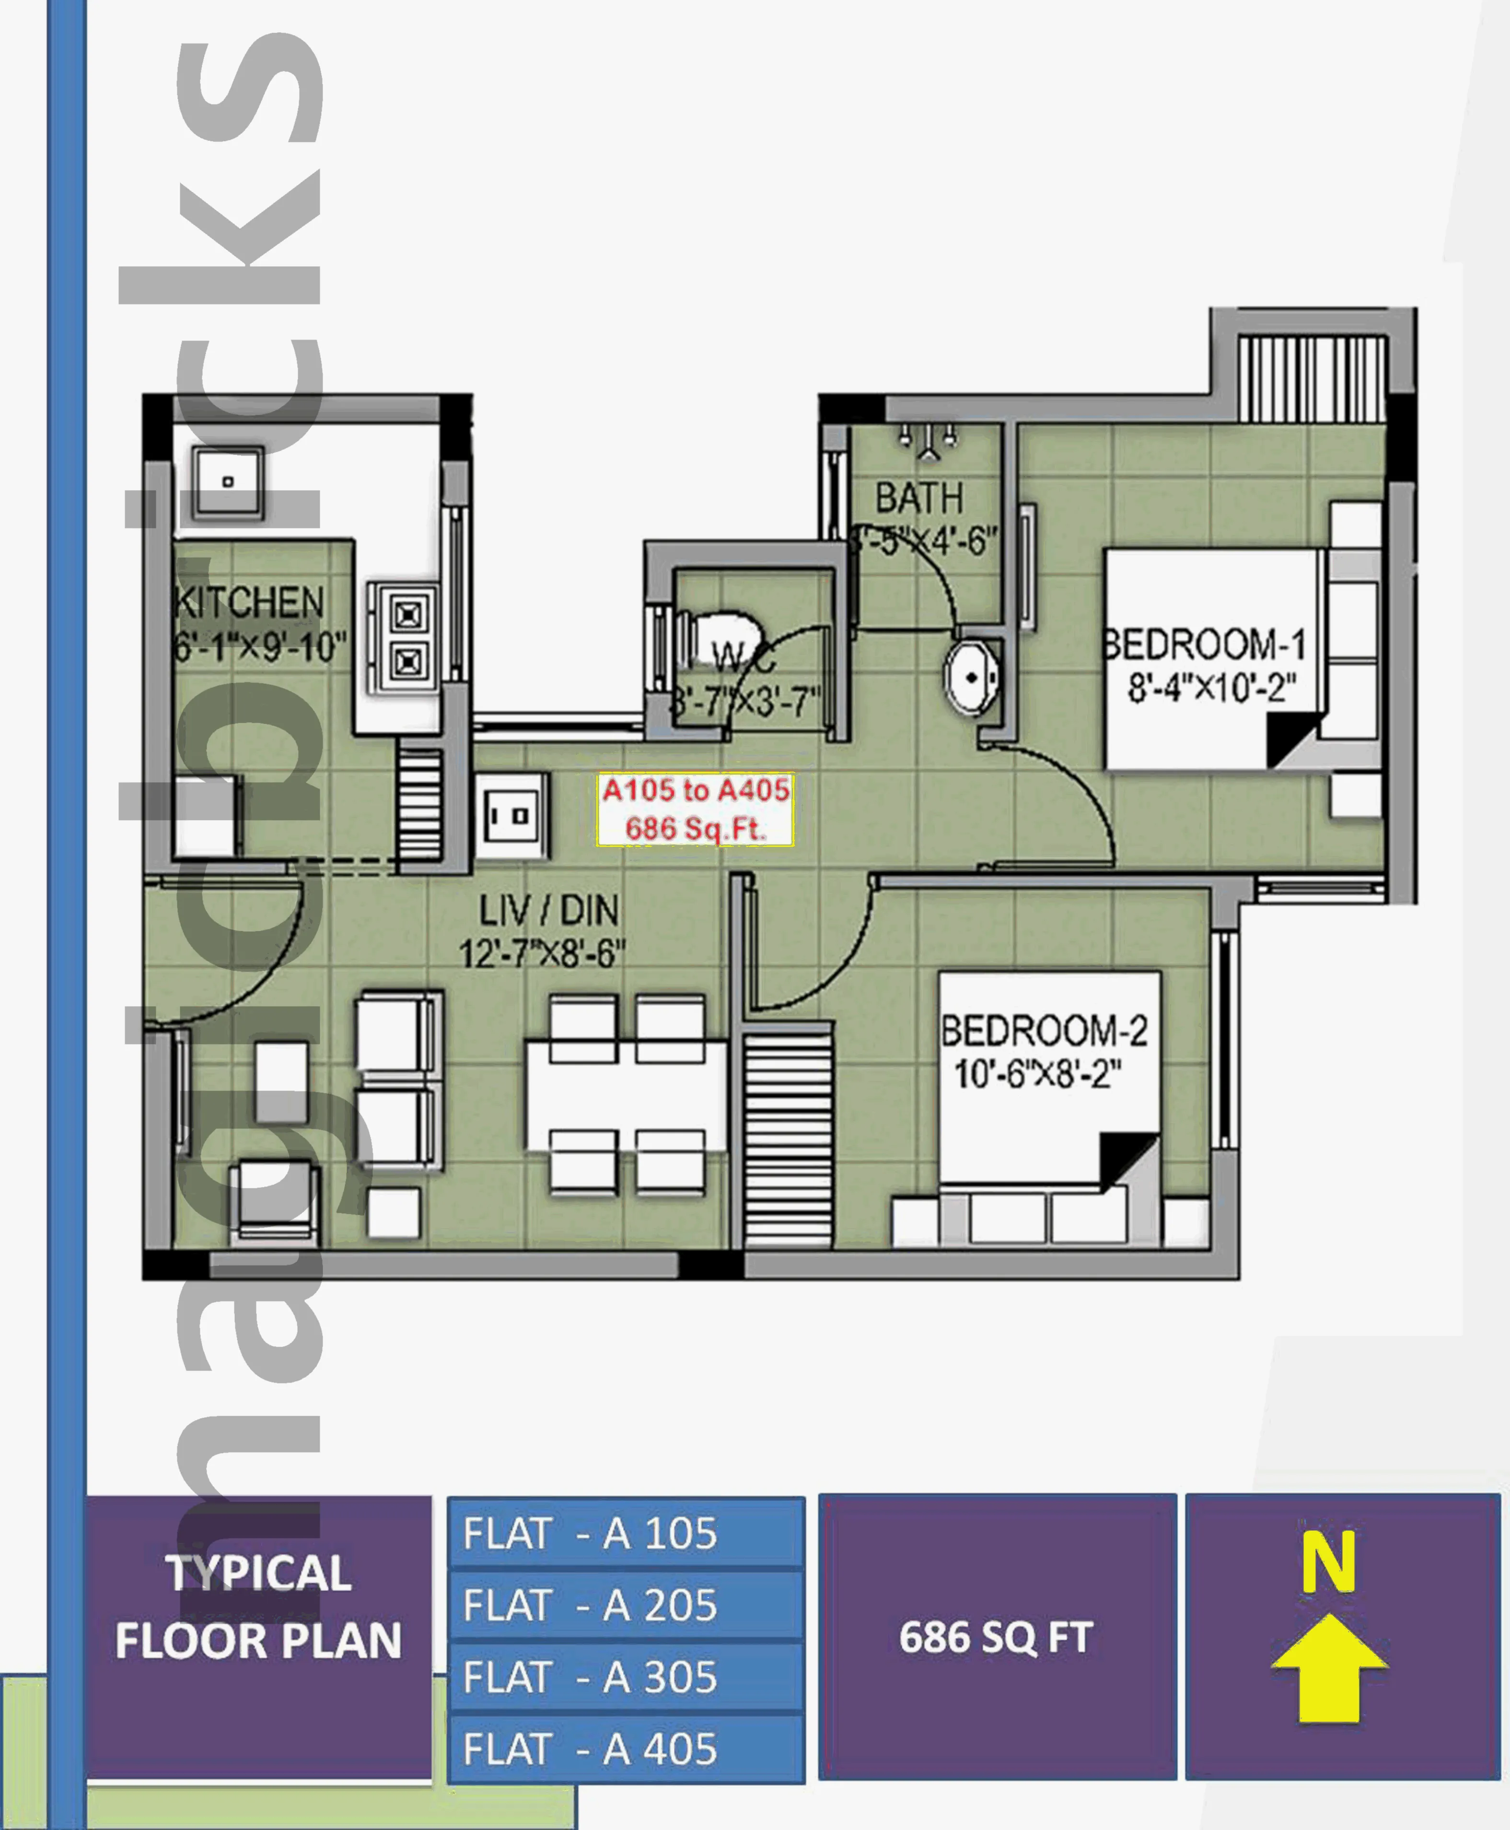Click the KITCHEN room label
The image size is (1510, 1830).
click(250, 603)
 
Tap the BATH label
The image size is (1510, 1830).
click(919, 499)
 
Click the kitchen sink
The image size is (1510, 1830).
click(228, 481)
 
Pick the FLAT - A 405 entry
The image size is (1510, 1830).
click(626, 1749)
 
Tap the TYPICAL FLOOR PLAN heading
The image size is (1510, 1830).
click(258, 1607)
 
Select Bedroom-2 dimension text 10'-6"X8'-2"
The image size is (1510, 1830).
click(1038, 1074)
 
